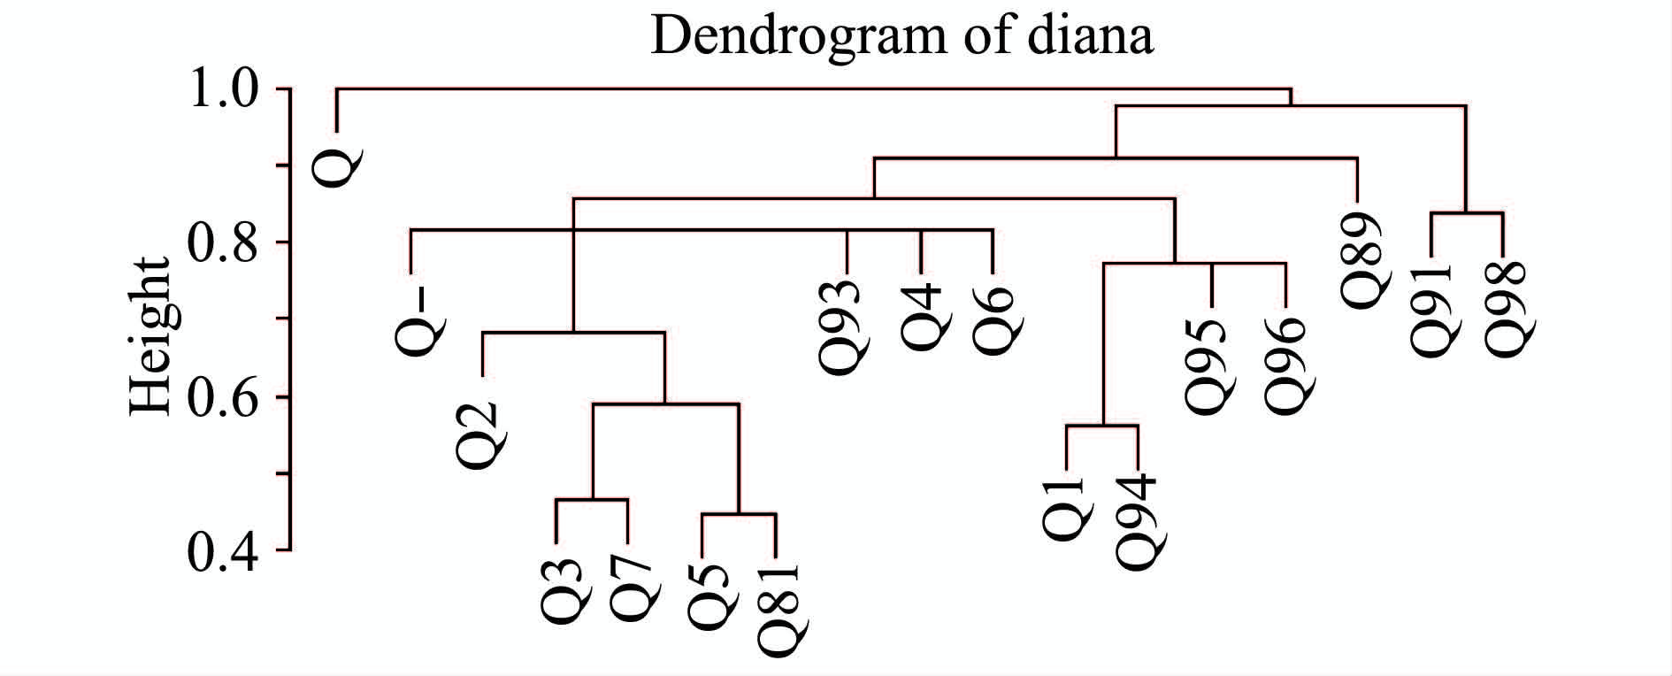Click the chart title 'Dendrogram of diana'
click(x=901, y=37)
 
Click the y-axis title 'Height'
click(x=150, y=336)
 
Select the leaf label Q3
click(x=559, y=591)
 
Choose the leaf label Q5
click(x=707, y=598)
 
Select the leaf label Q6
click(x=995, y=320)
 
